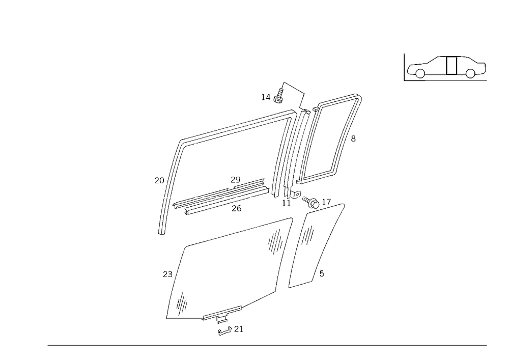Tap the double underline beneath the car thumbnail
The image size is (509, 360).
pos(456,79)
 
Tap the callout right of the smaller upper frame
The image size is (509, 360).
pos(353,138)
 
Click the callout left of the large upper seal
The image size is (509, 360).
pos(157,180)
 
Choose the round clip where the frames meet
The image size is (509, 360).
pos(288,193)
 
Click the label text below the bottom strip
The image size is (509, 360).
pos(230,331)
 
